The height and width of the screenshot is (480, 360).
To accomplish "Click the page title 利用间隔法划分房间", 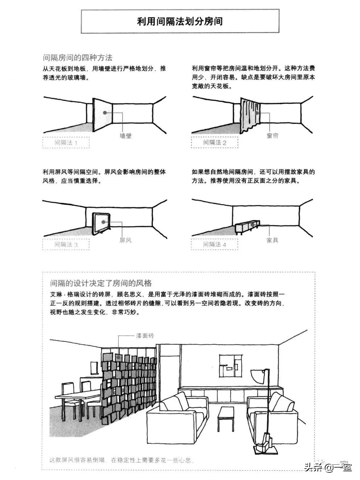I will click(180, 21).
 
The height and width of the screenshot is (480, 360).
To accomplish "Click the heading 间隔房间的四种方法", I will click(77, 57).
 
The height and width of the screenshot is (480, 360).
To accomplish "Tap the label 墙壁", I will click(125, 136).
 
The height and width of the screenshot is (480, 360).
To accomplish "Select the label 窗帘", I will click(272, 136).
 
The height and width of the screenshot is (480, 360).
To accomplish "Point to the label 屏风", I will click(125, 240).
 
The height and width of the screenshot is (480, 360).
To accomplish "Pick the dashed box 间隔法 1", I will click(66, 143).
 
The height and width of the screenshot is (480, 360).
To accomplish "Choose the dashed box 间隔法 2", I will click(215, 143).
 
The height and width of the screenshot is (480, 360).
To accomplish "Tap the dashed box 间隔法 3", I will click(66, 245).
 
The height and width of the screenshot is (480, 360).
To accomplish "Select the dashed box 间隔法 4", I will click(215, 245).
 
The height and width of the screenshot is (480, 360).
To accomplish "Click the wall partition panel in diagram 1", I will click(102, 114).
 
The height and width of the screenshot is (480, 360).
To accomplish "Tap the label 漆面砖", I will click(145, 336).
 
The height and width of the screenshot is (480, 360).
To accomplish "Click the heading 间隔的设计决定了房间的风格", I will click(101, 283).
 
